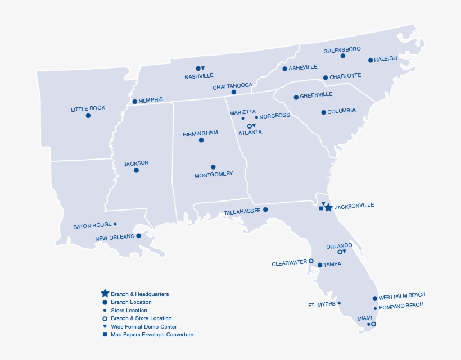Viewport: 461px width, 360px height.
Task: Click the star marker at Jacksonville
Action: (x=328, y=208)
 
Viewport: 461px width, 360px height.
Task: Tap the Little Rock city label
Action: (x=88, y=108)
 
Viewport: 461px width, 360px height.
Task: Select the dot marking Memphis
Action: (x=134, y=102)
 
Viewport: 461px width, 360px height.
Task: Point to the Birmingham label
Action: (x=200, y=134)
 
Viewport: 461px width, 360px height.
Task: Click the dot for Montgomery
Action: (x=213, y=167)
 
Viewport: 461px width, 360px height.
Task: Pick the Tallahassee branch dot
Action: (x=265, y=209)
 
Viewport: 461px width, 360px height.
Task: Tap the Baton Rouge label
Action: (x=92, y=226)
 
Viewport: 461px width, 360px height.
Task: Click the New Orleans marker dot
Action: (x=138, y=236)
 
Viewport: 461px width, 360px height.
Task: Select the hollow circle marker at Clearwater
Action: (x=311, y=261)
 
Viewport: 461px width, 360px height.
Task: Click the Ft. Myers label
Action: (x=322, y=305)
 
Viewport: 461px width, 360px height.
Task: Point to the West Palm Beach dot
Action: (x=375, y=299)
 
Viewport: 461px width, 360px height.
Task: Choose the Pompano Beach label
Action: (x=401, y=306)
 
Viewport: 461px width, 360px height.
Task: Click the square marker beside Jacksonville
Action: (x=321, y=208)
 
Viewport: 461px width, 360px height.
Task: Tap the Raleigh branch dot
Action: (x=370, y=60)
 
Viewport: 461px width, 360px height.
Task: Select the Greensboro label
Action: (x=342, y=50)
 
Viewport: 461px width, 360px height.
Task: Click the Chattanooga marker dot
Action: (x=234, y=92)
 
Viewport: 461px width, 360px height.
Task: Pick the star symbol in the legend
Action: (x=105, y=293)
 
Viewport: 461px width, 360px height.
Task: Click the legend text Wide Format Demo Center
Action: (x=144, y=326)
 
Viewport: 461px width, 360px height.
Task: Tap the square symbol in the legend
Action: (x=105, y=335)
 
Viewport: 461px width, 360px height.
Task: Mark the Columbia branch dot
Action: (x=323, y=112)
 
